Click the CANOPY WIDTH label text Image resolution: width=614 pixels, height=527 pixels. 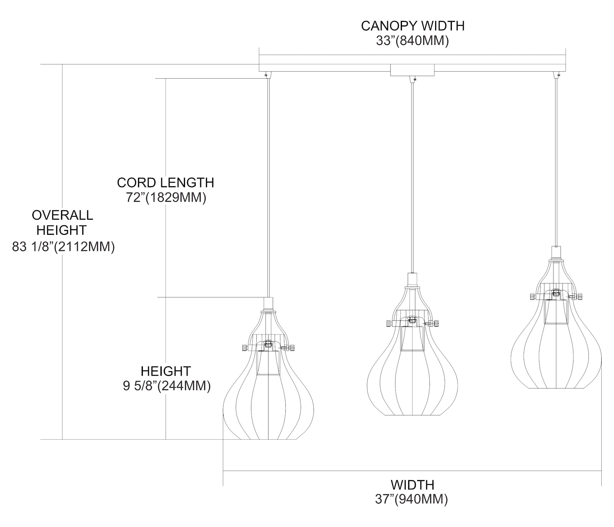click(413, 26)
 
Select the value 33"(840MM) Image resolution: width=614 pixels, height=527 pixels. click(413, 41)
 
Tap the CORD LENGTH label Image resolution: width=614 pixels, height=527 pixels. click(165, 182)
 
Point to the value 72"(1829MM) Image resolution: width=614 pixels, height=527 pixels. click(165, 198)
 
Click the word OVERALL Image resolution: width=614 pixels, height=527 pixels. click(63, 215)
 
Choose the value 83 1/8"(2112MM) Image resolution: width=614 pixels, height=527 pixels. click(63, 247)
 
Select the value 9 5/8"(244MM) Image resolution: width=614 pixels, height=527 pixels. click(167, 386)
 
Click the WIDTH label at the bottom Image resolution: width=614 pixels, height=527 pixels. click(412, 485)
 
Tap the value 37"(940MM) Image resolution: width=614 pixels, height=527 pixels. click(412, 500)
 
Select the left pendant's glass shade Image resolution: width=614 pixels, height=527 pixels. click(269, 406)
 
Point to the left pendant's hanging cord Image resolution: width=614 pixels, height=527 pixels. click(269, 184)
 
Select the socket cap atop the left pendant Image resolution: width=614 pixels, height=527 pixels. click(269, 304)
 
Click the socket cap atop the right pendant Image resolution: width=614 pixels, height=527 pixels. click(556, 251)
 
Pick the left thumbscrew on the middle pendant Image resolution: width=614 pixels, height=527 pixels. click(388, 323)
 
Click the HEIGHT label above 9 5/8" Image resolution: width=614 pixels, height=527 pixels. click(166, 371)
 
